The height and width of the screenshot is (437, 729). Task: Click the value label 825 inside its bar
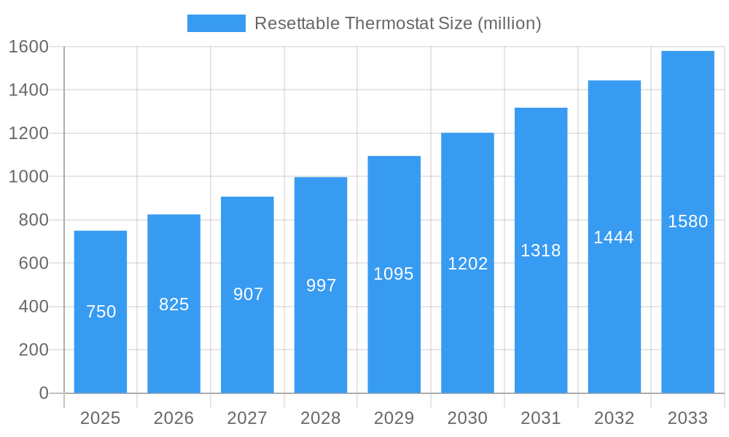tap(174, 304)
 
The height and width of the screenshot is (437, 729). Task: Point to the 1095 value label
tap(394, 274)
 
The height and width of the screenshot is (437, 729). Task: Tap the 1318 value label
tap(541, 251)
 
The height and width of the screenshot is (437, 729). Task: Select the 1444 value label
tap(614, 237)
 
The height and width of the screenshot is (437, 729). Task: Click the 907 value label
tap(248, 294)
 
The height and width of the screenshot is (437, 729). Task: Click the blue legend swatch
tap(217, 23)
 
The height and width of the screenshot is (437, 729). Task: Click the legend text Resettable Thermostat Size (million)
tap(397, 23)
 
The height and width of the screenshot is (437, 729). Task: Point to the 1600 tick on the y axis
tap(28, 47)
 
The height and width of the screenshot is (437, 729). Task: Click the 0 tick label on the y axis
tap(43, 393)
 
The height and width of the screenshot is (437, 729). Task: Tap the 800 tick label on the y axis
tap(34, 220)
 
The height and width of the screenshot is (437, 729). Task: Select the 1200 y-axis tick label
tap(28, 133)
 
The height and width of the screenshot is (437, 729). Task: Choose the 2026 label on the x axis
tap(174, 418)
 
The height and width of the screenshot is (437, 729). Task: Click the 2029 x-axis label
tap(394, 418)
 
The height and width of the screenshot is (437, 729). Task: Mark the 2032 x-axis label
tap(614, 418)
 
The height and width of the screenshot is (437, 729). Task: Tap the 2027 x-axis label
tap(247, 418)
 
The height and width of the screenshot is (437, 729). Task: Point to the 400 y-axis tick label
tap(34, 307)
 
